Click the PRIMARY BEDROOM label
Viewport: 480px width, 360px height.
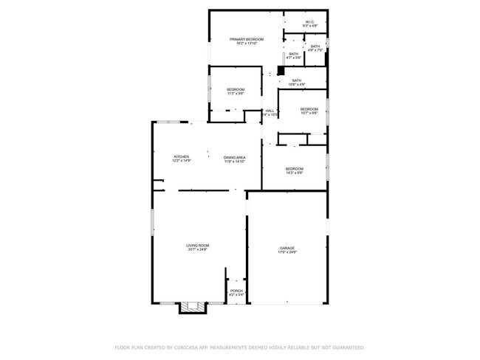click(247, 39)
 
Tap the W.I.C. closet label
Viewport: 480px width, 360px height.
click(309, 22)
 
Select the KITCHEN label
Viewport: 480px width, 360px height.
click(182, 156)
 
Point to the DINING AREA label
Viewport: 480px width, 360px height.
click(235, 157)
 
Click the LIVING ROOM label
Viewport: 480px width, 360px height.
click(198, 245)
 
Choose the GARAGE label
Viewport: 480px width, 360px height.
click(287, 248)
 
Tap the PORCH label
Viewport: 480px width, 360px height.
click(236, 291)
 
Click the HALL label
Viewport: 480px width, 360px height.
click(270, 111)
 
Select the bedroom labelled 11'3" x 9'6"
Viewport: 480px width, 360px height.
click(235, 90)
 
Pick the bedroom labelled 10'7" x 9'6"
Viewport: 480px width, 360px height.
click(309, 110)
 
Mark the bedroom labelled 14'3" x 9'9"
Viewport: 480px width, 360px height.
click(295, 169)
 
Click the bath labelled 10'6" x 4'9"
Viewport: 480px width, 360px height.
click(297, 80)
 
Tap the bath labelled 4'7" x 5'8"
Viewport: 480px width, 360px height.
click(294, 53)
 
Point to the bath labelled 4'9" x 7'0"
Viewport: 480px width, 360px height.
click(315, 47)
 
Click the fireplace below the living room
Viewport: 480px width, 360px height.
click(194, 308)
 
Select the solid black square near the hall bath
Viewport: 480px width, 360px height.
click(281, 72)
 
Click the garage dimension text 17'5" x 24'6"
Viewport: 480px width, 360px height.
click(287, 252)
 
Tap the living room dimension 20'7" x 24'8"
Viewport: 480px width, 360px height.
click(198, 249)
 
